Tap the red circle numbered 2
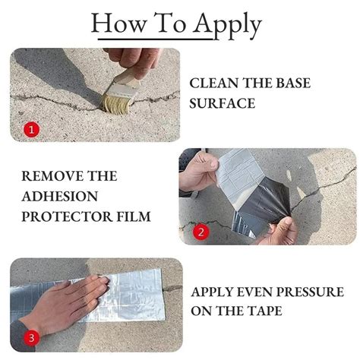click(201, 232)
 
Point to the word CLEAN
click(213, 82)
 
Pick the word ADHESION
click(56, 196)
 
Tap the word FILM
click(134, 216)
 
